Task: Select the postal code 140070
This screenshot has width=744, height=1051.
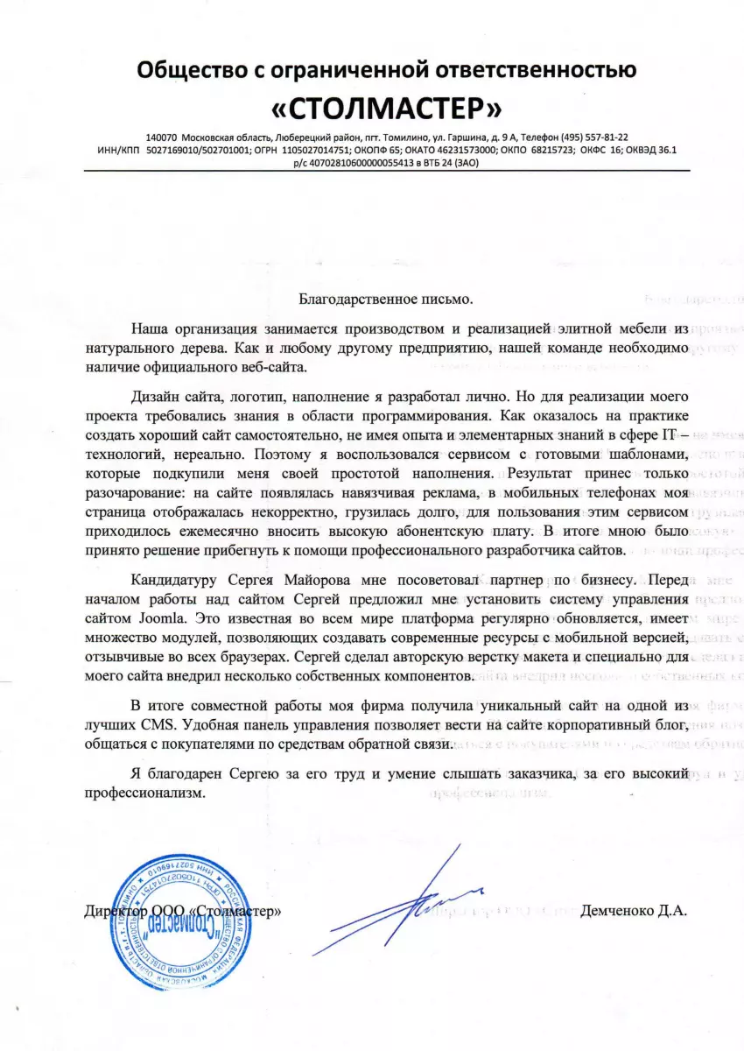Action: click(162, 138)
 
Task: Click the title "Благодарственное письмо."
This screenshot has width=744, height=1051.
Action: click(385, 299)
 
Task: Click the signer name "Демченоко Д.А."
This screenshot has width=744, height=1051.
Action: click(634, 911)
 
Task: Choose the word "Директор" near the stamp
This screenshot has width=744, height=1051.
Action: click(116, 911)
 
